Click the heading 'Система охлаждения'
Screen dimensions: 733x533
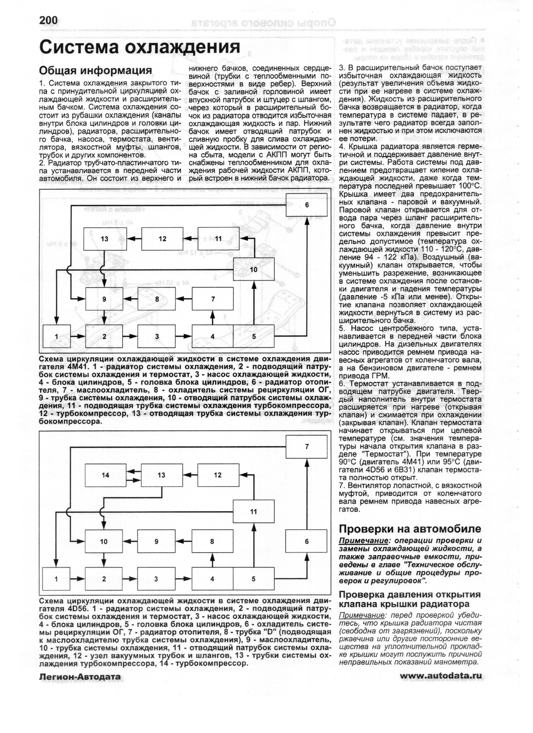click(x=140, y=48)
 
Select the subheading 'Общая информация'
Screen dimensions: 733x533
click(x=95, y=70)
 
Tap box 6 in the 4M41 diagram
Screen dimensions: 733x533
click(x=306, y=205)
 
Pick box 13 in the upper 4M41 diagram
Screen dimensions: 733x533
click(x=105, y=239)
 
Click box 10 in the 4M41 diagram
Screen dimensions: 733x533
click(x=254, y=269)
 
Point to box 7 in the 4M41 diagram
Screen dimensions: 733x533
click(x=213, y=299)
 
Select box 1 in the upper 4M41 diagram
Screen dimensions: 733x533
click(x=57, y=336)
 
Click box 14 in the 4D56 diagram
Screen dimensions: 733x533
click(x=105, y=475)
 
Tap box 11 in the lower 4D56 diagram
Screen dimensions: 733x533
click(x=254, y=511)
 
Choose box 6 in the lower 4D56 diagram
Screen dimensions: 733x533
click(x=306, y=541)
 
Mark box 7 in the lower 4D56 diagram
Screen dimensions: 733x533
click(x=306, y=447)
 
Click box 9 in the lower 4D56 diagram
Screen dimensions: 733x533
click(x=156, y=541)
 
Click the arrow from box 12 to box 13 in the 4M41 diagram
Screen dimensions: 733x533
click(x=134, y=239)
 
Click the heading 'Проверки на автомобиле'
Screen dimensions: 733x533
click(x=410, y=529)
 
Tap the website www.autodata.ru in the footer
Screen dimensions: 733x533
click(x=441, y=676)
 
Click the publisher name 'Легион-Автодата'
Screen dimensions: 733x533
click(x=80, y=676)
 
